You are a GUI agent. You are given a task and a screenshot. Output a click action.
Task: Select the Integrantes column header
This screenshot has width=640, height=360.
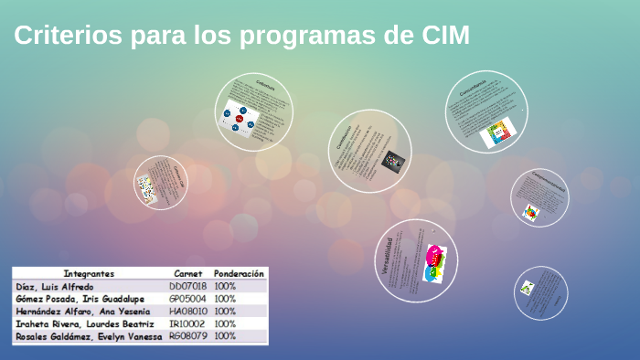pyautogui.click(x=89, y=273)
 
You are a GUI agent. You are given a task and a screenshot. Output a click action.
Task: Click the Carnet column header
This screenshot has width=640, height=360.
pyautogui.click(x=187, y=273)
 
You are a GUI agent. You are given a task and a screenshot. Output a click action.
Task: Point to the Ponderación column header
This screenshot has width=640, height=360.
pyautogui.click(x=239, y=273)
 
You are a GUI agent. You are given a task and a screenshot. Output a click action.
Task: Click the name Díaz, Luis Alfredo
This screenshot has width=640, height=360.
pyautogui.click(x=55, y=286)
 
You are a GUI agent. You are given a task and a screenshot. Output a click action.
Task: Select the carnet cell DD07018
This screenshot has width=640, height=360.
pyautogui.click(x=187, y=286)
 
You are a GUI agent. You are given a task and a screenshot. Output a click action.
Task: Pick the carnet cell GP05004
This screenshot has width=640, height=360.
pyautogui.click(x=187, y=299)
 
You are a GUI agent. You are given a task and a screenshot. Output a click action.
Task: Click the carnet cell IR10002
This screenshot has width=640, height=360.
pyautogui.click(x=187, y=324)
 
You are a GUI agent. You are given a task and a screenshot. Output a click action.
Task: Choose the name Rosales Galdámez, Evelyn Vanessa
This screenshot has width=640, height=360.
pyautogui.click(x=89, y=336)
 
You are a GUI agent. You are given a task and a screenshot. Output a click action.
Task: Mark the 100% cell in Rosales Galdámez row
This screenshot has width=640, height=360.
pyautogui.click(x=226, y=336)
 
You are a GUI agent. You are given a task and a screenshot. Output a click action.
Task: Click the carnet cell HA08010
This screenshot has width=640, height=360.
pyautogui.click(x=187, y=312)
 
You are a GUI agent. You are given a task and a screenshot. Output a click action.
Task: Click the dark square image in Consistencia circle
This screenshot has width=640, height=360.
pyautogui.click(x=392, y=161)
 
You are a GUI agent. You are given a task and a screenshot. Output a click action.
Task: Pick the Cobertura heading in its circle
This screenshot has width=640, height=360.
pyautogui.click(x=264, y=86)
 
